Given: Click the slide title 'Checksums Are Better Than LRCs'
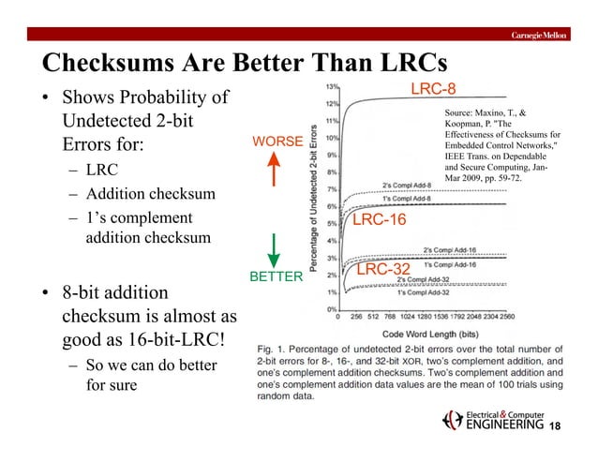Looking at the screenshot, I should (243, 62).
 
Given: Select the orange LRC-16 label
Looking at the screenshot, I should (379, 219).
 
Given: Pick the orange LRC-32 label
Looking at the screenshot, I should (386, 269).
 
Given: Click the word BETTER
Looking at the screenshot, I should (276, 277).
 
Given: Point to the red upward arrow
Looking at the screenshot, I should (276, 173).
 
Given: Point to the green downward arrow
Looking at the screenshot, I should (275, 246).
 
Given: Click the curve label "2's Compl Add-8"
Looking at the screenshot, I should (405, 184).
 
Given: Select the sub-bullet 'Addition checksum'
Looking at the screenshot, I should (151, 195).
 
